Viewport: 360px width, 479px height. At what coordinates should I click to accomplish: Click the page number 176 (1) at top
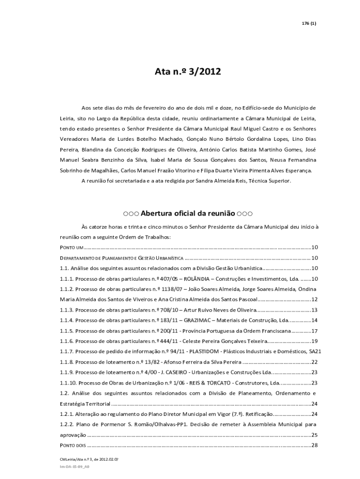(309, 23)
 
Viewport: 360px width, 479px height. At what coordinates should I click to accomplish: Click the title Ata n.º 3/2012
(187, 72)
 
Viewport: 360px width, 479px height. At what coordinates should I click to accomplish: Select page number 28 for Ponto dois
(314, 445)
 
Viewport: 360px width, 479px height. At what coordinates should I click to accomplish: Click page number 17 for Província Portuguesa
(314, 331)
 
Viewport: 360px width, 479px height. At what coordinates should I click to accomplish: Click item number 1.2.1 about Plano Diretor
(66, 414)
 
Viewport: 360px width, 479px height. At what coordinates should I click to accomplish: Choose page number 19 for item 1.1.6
(314, 341)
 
